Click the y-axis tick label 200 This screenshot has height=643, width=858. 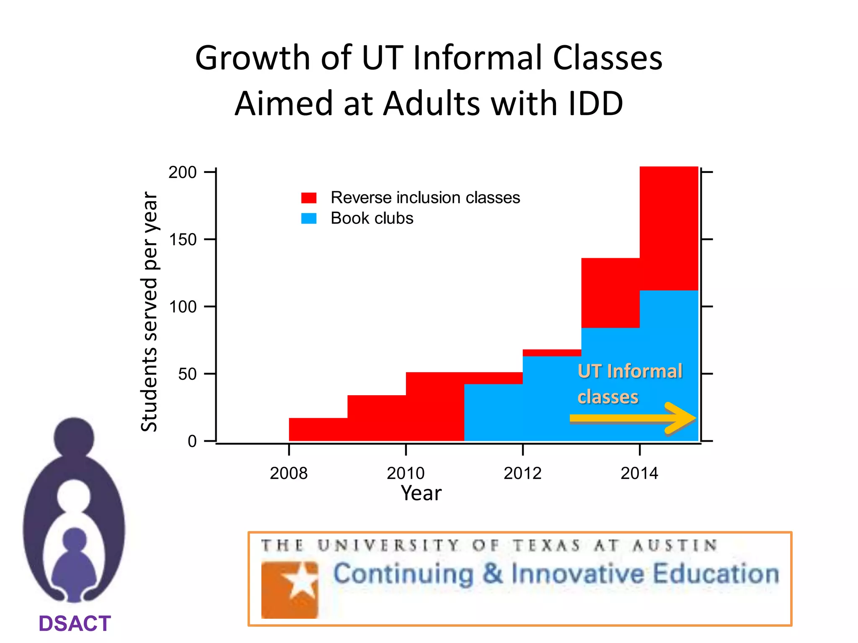(x=182, y=172)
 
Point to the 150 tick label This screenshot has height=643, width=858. (x=182, y=240)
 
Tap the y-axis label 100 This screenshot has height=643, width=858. (x=182, y=307)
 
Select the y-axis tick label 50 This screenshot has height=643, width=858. (x=187, y=374)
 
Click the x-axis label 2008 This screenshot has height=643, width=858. (x=289, y=473)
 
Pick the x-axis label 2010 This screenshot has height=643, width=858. (x=406, y=473)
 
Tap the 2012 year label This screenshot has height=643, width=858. (x=522, y=473)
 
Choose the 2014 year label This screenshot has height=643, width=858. (x=639, y=473)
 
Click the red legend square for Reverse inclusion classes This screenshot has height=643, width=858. (x=309, y=198)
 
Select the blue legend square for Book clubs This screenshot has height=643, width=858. (x=309, y=219)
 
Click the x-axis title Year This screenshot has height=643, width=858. (x=421, y=493)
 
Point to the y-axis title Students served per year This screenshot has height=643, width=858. (x=149, y=311)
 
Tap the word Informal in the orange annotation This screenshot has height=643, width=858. (x=645, y=371)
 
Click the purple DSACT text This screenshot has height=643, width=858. (x=75, y=624)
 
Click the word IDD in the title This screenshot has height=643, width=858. (x=595, y=103)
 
